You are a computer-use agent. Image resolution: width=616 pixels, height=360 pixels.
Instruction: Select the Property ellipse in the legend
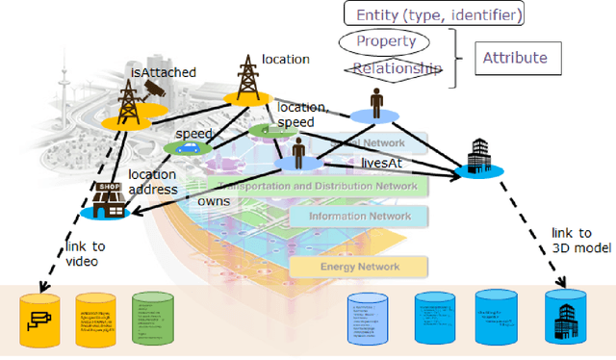click(x=385, y=42)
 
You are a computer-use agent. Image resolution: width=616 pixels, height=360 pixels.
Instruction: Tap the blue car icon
click(x=188, y=148)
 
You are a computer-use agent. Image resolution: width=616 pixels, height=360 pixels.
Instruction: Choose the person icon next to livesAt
click(x=299, y=152)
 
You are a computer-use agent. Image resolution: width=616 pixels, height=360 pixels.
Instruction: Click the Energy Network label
click(x=361, y=266)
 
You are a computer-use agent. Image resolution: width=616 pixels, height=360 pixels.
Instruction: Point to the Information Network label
click(x=361, y=217)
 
